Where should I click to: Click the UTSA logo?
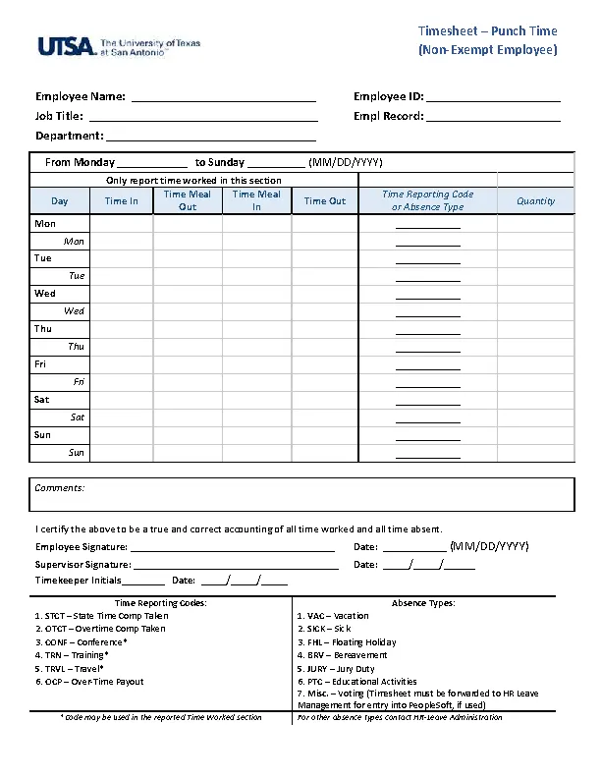119,46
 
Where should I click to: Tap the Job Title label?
59,116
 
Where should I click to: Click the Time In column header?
122,201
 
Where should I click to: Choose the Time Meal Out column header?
188,200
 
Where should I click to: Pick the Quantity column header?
535,201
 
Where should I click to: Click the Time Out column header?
325,201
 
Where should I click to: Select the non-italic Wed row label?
45,294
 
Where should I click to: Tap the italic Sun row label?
77,453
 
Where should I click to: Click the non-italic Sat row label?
42,400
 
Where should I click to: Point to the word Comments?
60,488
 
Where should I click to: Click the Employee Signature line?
233,549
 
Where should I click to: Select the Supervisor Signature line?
236,567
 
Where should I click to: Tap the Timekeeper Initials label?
79,581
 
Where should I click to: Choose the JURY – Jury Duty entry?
336,668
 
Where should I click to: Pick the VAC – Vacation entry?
333,616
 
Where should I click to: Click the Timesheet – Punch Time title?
487,31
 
